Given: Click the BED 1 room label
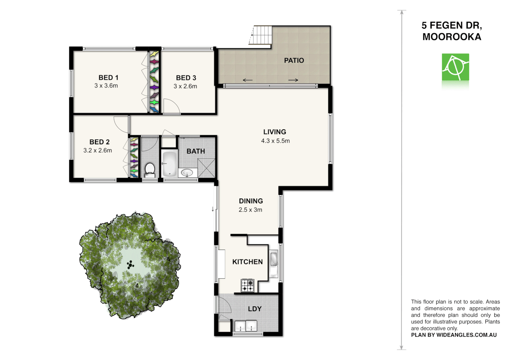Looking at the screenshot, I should [108, 77].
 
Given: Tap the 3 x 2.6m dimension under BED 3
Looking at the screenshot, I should [185, 86].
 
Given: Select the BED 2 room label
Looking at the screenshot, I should [99, 142].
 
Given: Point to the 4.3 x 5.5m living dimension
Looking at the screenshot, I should [275, 141].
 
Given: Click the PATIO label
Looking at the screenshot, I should [294, 60].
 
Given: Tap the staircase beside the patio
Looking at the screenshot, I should [261, 35].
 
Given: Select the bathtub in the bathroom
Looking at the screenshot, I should [169, 164].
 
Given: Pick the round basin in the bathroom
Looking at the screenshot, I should [187, 173].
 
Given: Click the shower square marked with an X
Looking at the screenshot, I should [207, 168].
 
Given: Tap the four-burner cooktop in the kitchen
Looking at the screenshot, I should [248, 286].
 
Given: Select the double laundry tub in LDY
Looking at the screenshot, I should [246, 326].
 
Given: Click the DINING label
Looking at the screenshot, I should [251, 201].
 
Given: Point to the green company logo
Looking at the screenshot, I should [455, 67].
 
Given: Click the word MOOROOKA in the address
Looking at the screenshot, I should [452, 37].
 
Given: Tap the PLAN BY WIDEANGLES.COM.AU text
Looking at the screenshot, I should [454, 335].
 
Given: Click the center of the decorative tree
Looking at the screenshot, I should [130, 265].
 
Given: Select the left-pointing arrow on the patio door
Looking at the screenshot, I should [248, 80].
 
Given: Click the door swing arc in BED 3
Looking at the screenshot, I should [173, 107].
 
